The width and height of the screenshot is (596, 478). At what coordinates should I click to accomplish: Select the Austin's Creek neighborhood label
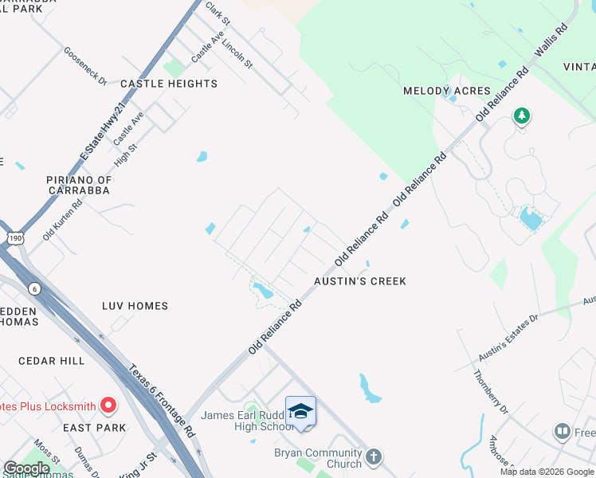360,281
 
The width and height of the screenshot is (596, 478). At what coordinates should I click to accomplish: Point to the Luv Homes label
135,306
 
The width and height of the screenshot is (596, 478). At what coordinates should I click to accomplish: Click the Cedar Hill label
52,361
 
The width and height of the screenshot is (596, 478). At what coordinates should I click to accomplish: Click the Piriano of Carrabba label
79,186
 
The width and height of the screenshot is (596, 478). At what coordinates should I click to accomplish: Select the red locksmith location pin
108,406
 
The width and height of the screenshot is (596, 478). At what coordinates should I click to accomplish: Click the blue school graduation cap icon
300,412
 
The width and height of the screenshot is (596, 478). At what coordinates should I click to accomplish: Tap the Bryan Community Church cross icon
374,458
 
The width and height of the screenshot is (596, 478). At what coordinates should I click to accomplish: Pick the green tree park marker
522,116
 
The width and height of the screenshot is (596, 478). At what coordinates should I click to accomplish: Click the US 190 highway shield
15,237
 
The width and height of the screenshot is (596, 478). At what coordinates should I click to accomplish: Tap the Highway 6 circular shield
34,288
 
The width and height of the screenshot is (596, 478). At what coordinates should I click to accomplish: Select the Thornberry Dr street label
491,392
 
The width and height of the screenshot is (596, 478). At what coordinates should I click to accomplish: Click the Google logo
26,468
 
